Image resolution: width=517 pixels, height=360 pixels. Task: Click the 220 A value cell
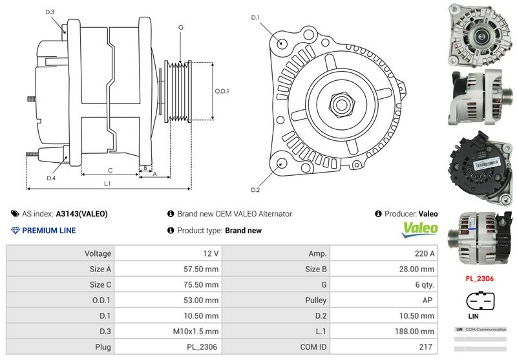click(423, 254)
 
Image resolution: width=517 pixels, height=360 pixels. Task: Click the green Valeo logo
click(420, 229)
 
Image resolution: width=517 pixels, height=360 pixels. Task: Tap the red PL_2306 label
click(480, 279)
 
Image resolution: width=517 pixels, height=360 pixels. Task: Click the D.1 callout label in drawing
click(255, 17)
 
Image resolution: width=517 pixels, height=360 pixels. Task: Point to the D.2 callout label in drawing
click(255, 190)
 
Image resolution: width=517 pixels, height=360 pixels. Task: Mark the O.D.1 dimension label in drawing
click(222, 91)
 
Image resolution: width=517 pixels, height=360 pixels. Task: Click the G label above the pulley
click(181, 27)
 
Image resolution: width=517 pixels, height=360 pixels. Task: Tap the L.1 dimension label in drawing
click(107, 184)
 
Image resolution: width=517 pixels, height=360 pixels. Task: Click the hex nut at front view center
click(342, 104)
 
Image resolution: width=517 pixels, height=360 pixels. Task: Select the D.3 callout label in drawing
click(50, 12)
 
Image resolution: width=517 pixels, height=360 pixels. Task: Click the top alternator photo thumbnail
click(480, 34)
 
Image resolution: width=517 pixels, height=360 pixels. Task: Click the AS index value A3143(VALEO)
click(81, 214)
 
